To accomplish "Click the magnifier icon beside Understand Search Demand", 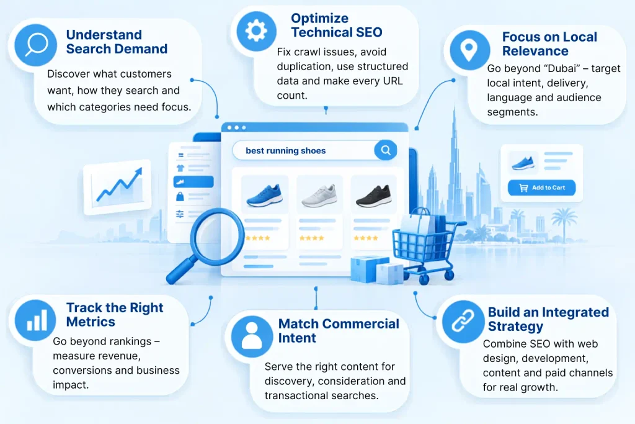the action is pyautogui.click(x=35, y=45).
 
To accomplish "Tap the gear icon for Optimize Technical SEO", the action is pyautogui.click(x=256, y=31).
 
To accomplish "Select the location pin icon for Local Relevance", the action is pyautogui.click(x=469, y=50).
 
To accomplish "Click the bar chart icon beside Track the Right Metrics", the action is pyautogui.click(x=35, y=320).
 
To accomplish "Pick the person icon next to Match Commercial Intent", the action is pyautogui.click(x=252, y=336).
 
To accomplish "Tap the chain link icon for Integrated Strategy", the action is pyautogui.click(x=463, y=322).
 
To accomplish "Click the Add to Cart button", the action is pyautogui.click(x=541, y=187).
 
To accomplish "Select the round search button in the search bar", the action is pyautogui.click(x=386, y=150).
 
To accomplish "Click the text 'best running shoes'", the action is pyautogui.click(x=285, y=151).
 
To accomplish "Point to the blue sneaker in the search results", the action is pyautogui.click(x=264, y=196).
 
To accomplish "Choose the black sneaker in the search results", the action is pyautogui.click(x=373, y=196).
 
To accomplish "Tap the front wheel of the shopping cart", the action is pyautogui.click(x=424, y=279).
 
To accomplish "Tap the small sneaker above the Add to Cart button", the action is pyautogui.click(x=523, y=163).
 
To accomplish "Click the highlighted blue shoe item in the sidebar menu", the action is pyautogui.click(x=193, y=182).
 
